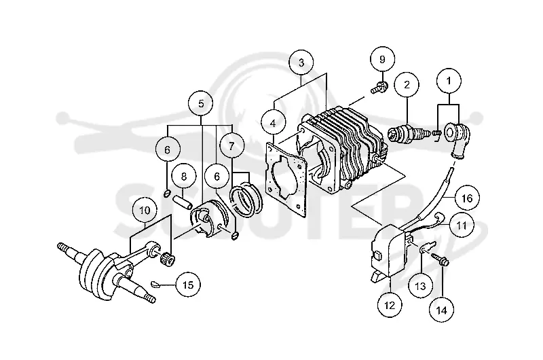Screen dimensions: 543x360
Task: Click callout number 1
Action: pos(449,81)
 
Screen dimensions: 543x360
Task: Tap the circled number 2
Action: pos(407,84)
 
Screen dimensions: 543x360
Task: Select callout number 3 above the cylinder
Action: pos(301,62)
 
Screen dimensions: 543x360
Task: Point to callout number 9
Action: pos(382,60)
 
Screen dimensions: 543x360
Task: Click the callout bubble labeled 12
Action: pos(390,305)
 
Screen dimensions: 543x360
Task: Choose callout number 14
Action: pos(442,310)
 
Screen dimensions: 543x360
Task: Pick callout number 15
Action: pos(188,285)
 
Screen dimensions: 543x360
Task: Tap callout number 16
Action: pos(467,198)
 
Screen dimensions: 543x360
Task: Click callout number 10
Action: pos(145,211)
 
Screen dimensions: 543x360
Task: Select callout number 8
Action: pos(183,177)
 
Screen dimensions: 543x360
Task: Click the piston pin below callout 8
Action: pos(183,202)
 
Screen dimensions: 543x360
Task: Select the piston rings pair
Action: pos(246,198)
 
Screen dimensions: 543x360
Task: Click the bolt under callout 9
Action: pos(379,87)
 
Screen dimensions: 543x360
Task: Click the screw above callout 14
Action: pos(440,259)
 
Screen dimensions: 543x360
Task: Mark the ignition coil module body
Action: pos(388,252)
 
